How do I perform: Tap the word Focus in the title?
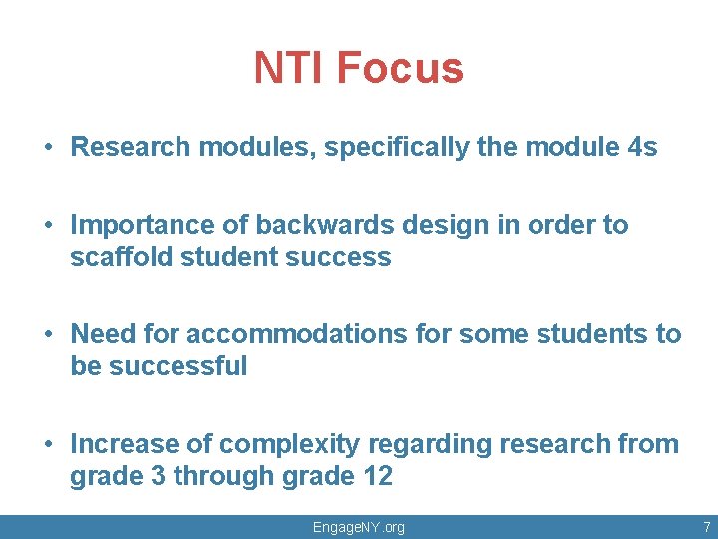(400, 69)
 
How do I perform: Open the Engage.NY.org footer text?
(359, 527)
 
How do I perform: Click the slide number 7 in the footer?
(706, 527)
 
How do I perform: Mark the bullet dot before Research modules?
(49, 148)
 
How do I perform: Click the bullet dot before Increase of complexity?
(49, 445)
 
